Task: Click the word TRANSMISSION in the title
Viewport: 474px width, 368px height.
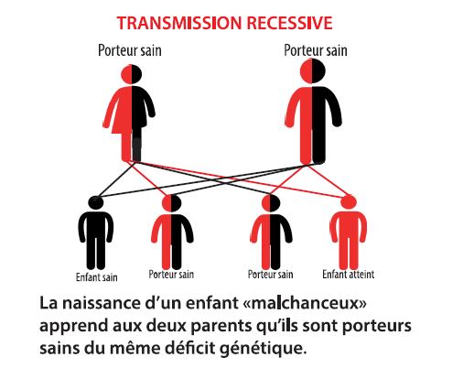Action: click(x=179, y=23)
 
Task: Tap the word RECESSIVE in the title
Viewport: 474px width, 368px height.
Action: click(x=289, y=23)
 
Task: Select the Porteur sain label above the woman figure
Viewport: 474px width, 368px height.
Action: click(x=130, y=50)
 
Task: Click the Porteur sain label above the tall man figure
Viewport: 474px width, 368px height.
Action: click(x=316, y=50)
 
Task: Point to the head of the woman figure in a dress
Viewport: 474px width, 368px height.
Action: click(x=132, y=74)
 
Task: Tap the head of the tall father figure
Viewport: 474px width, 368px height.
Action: click(x=313, y=70)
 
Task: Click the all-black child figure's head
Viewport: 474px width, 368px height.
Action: click(x=96, y=202)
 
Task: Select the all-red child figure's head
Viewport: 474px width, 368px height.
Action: click(x=348, y=203)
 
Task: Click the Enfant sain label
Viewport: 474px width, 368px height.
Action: click(x=97, y=277)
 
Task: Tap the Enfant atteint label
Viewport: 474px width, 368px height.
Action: click(x=349, y=275)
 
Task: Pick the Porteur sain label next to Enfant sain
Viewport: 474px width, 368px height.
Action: click(x=171, y=275)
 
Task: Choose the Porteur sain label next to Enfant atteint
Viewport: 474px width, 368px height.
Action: click(x=270, y=275)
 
